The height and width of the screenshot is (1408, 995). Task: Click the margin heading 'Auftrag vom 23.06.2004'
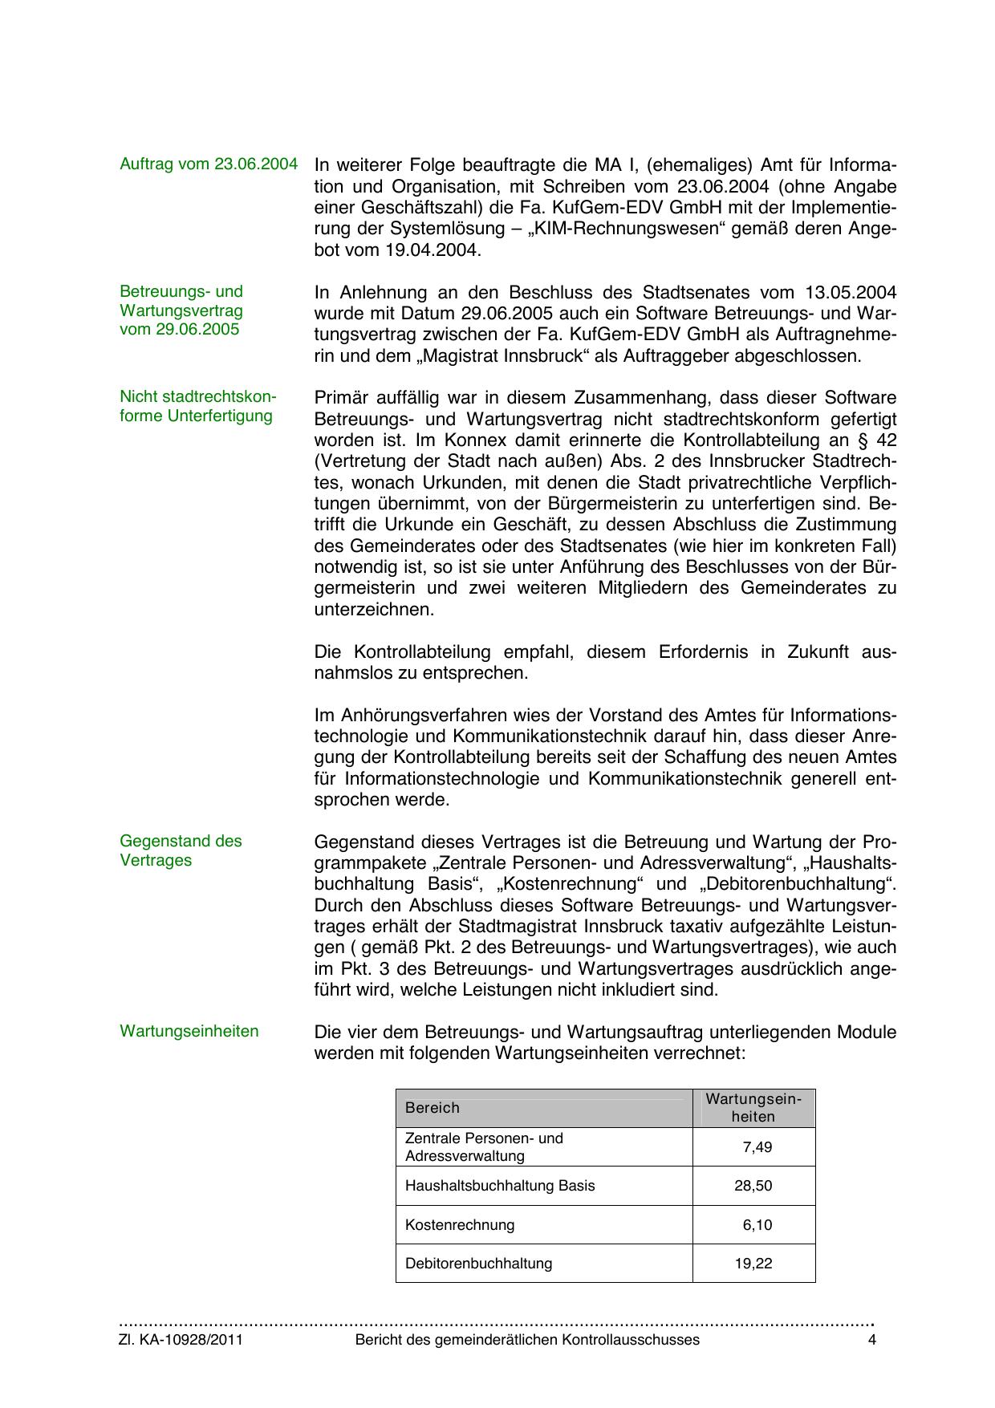point(209,164)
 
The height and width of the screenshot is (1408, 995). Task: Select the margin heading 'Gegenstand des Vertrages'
point(181,850)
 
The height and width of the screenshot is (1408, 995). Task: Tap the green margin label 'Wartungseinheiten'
point(189,1031)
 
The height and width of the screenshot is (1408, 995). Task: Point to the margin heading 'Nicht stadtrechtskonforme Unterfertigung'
point(197,407)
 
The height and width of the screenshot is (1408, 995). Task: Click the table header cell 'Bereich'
point(433,1108)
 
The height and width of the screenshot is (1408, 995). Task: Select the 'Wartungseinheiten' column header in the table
point(753,1108)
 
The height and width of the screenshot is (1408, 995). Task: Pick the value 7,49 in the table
point(757,1147)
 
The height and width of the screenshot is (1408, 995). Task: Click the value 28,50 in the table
point(753,1186)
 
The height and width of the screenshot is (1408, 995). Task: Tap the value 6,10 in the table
point(757,1225)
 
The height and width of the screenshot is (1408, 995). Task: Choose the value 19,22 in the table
point(753,1264)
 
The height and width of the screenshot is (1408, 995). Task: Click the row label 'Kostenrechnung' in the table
point(460,1225)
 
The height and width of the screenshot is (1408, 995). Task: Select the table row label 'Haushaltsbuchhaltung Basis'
point(500,1186)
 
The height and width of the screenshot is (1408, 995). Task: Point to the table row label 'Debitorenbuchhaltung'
point(478,1264)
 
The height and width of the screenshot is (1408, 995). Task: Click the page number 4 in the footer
point(872,1340)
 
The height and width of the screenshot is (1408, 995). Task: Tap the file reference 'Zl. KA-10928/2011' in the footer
point(181,1340)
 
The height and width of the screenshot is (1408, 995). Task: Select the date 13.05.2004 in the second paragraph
point(850,292)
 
